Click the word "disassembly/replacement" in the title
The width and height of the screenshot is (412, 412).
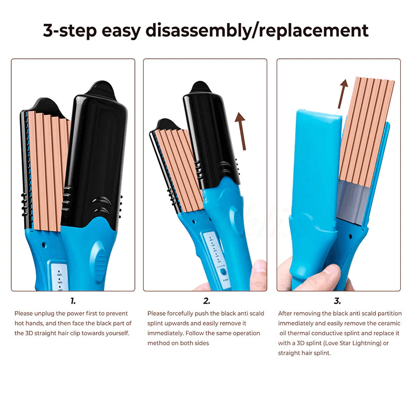pyautogui.click(x=257, y=31)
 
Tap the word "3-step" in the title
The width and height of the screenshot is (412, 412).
pyautogui.click(x=70, y=31)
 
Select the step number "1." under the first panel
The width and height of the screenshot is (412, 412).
pyautogui.click(x=73, y=301)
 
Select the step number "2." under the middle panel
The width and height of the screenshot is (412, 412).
pyautogui.click(x=207, y=301)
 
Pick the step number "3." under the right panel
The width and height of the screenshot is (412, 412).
pyautogui.click(x=337, y=301)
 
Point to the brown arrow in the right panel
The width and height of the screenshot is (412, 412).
pyautogui.click(x=342, y=94)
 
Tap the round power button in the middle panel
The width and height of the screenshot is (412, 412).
pyautogui.click(x=223, y=272)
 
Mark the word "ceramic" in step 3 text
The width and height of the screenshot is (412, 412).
pyautogui.click(x=389, y=323)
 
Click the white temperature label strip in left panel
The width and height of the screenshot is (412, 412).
pyautogui.click(x=59, y=277)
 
